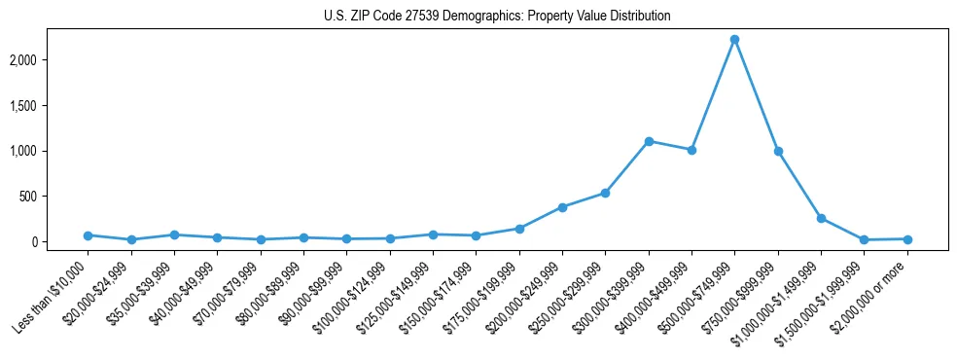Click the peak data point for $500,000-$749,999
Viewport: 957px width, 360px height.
734,40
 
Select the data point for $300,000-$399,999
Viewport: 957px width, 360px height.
649,141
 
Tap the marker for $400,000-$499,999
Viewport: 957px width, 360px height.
691,150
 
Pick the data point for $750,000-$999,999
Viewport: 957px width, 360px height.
778,151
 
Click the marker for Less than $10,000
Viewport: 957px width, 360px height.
88,235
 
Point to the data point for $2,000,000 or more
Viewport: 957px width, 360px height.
907,239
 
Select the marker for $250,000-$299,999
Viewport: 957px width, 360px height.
605,193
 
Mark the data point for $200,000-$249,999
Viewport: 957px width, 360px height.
562,207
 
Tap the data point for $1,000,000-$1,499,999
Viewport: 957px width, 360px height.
821,218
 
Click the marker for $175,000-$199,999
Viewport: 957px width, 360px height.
519,229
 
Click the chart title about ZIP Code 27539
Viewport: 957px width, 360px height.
497,17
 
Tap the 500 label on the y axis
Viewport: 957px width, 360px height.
54,197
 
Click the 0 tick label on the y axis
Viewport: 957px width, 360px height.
60,242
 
